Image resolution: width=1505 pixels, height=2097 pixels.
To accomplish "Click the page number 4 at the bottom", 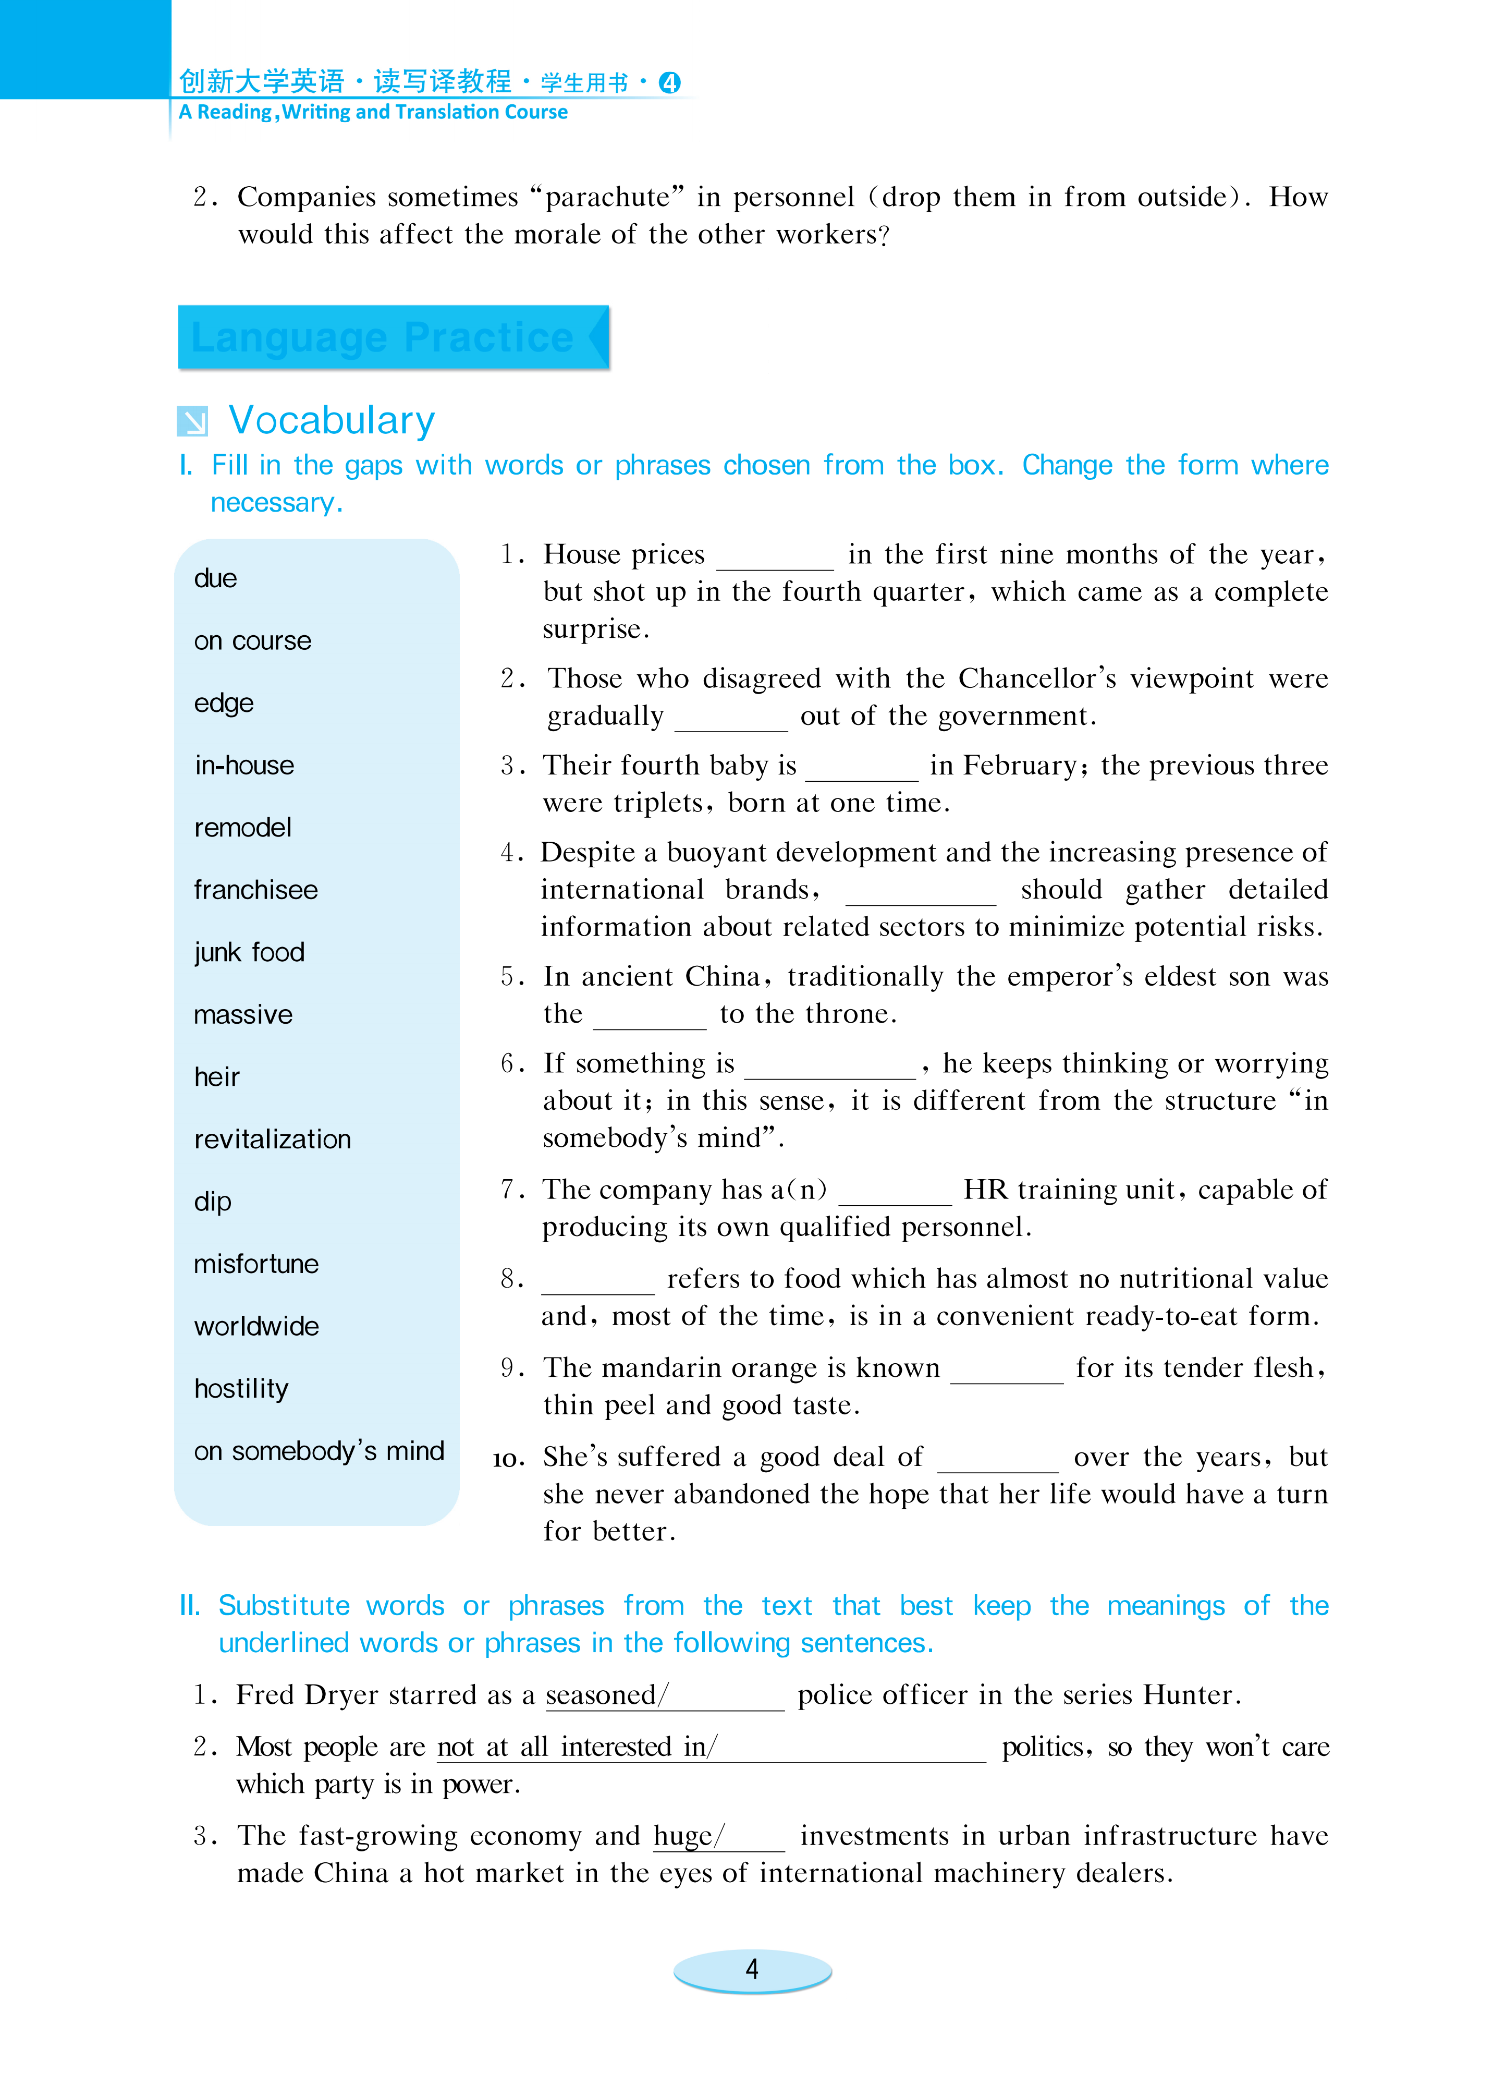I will pos(752,1969).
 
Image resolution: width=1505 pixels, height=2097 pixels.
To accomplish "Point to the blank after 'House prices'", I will pos(775,560).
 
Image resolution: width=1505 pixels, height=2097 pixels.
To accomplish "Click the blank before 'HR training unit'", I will pos(894,1195).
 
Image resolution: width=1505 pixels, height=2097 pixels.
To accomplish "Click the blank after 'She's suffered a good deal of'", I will pos(997,1462).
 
